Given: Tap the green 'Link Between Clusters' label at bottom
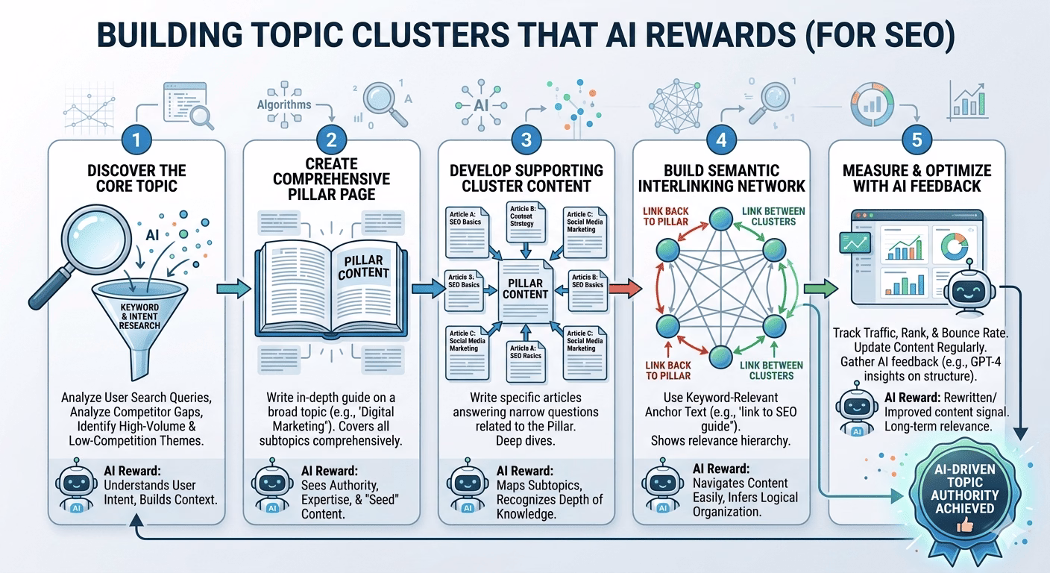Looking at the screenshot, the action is [771, 370].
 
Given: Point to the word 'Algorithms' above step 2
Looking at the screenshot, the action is [284, 104].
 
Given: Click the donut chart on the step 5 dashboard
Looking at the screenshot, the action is [950, 245].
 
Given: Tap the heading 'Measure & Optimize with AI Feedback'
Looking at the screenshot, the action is [917, 179].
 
